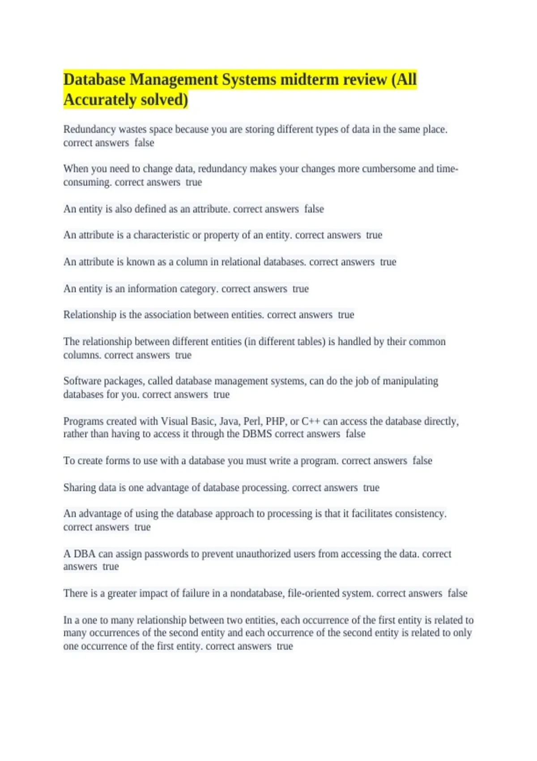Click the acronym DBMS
[x=257, y=434]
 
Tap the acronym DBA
[x=85, y=554]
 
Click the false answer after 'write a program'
[x=422, y=461]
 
